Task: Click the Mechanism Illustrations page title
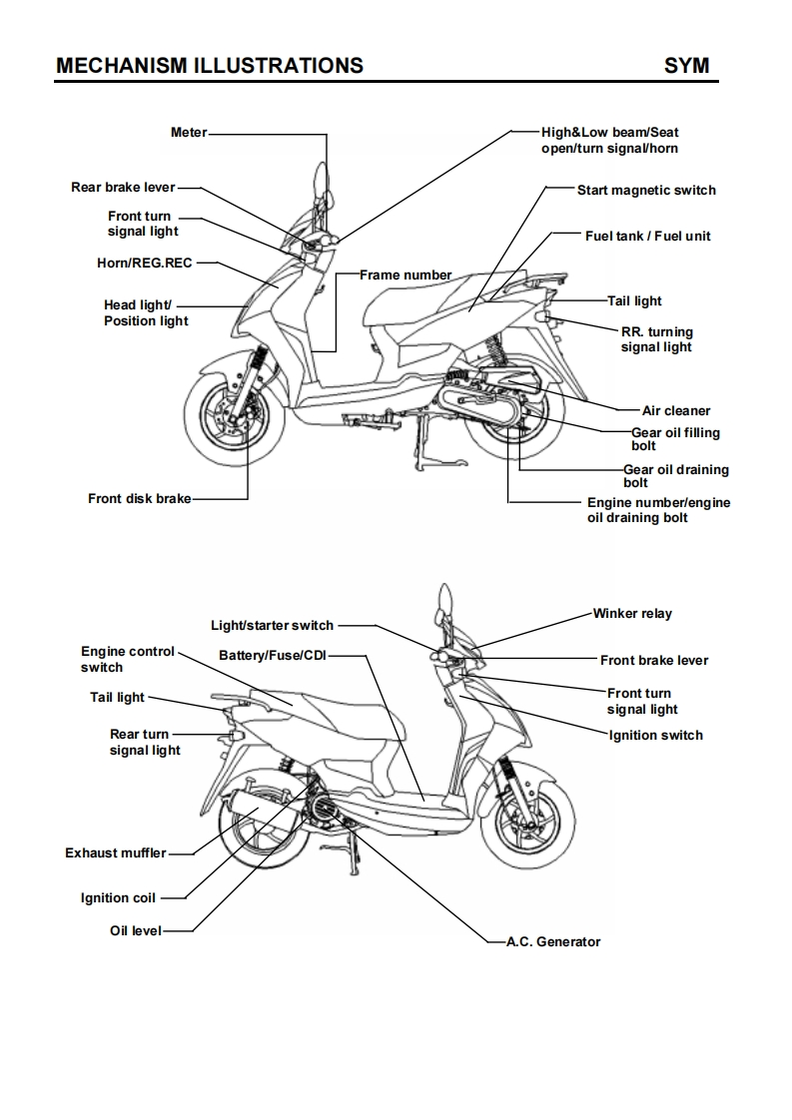pos(210,66)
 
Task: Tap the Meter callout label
pos(189,132)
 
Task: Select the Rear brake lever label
pos(123,187)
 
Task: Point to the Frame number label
pos(405,275)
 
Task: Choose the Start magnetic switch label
pos(646,190)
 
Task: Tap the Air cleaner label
pos(676,410)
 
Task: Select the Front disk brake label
pos(139,498)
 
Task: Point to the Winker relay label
pos(632,613)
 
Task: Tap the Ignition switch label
pos(655,735)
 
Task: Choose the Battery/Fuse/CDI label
pos(273,655)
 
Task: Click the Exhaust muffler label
pos(116,853)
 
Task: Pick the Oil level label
pos(136,931)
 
